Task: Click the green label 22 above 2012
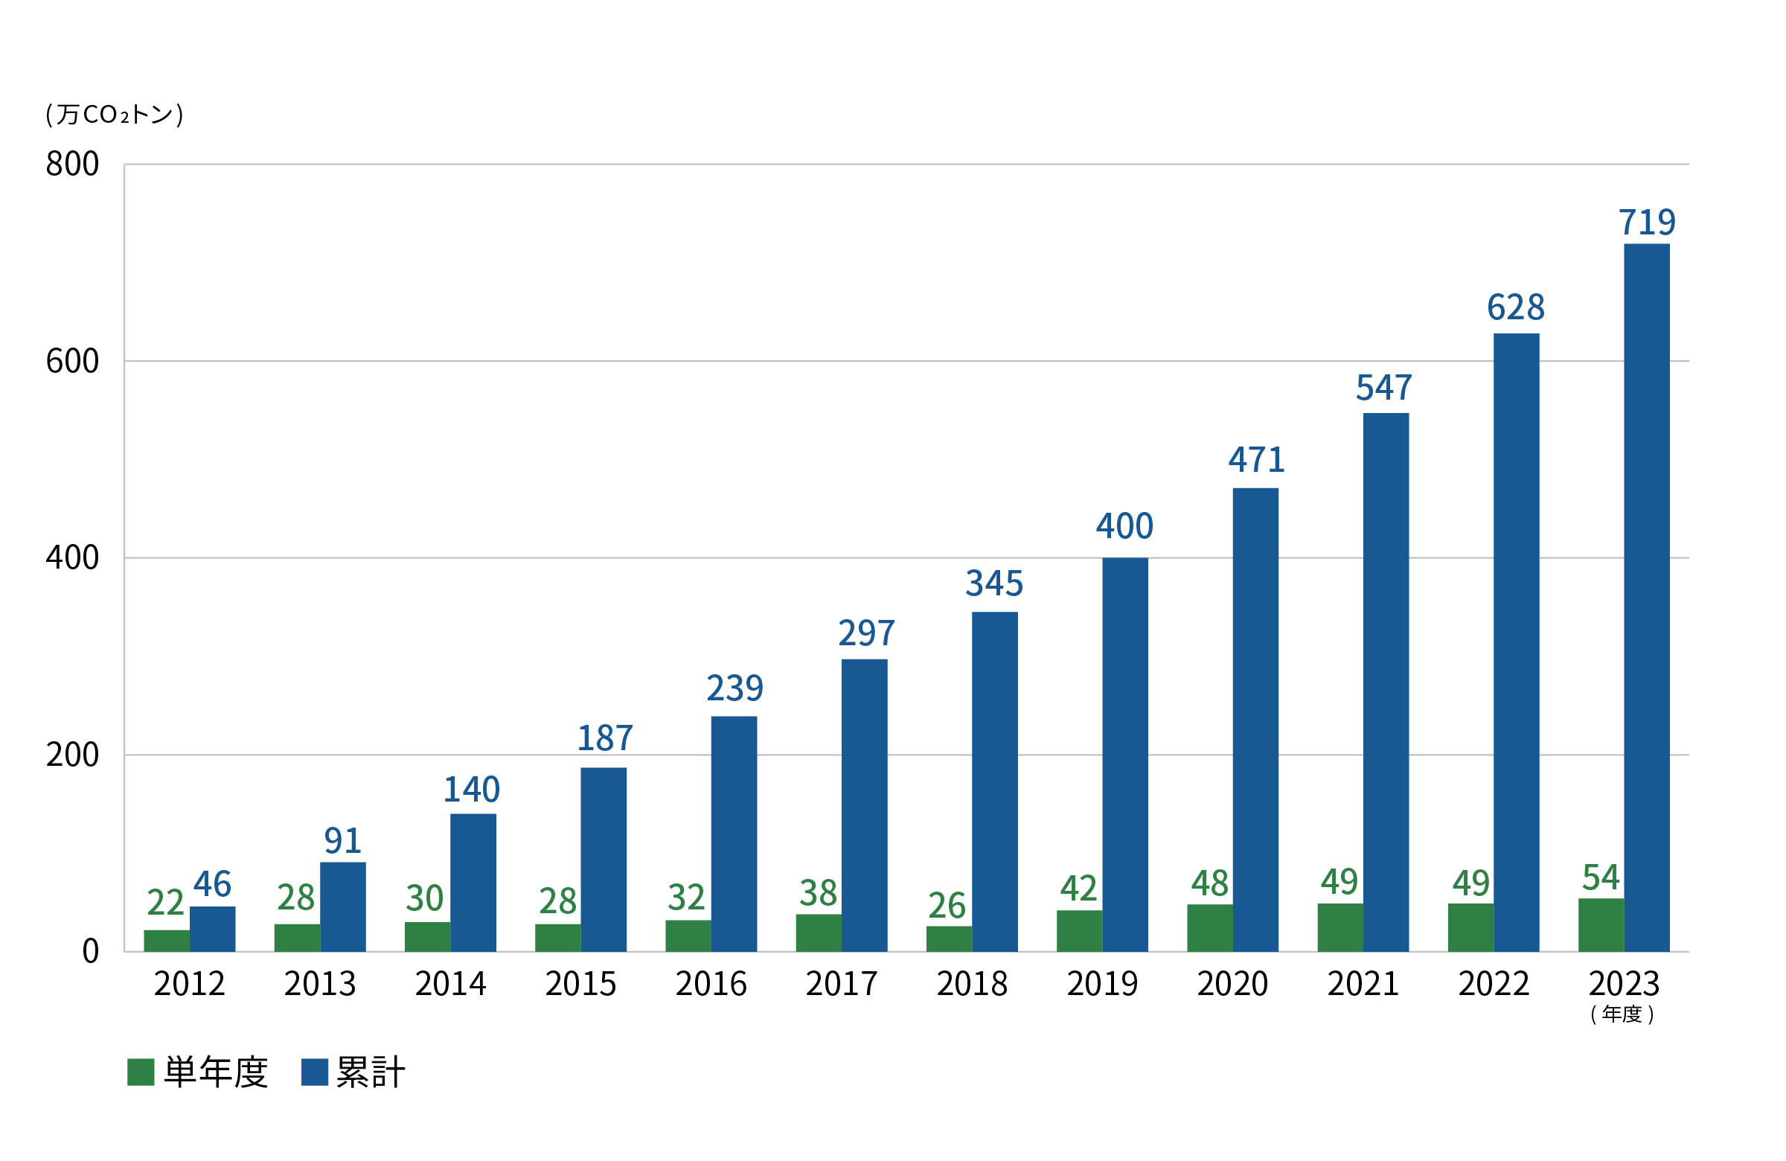165,902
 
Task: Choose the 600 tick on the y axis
72,361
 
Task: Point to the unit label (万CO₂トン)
114,115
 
